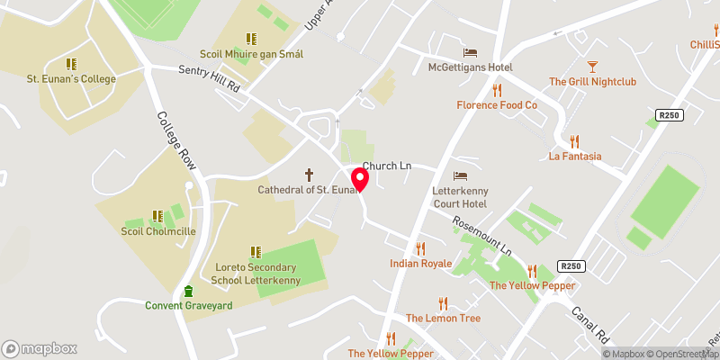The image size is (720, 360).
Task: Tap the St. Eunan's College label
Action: point(72,79)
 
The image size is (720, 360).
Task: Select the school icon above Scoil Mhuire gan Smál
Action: point(251,39)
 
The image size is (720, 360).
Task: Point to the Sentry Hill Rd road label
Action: point(209,79)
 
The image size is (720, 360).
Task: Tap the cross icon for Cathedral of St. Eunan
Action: point(310,174)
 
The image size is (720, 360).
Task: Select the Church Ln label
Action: point(385,167)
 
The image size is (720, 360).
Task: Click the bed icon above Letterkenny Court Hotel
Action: point(461,175)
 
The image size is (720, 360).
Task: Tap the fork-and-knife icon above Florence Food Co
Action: point(496,90)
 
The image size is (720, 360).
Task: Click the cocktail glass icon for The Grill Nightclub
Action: point(592,66)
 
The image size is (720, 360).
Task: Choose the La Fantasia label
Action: point(574,157)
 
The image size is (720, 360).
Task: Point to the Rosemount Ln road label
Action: point(481,235)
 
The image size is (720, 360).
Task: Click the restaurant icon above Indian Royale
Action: point(419,248)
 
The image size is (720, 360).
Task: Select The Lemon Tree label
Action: point(443,319)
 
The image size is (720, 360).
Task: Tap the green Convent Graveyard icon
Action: point(188,291)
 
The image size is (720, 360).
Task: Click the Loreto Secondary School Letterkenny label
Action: point(256,274)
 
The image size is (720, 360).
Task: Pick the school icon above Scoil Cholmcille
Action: point(157,216)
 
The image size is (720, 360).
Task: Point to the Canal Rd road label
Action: point(590,321)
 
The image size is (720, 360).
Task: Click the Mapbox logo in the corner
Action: point(38,348)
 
